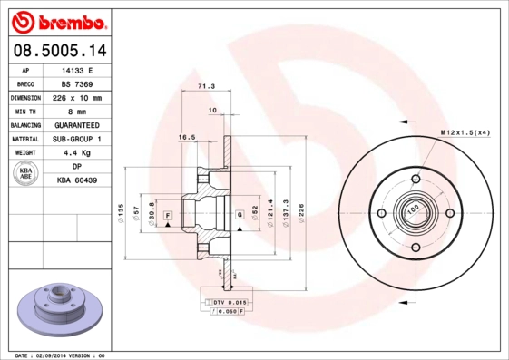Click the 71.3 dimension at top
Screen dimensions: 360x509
pos(206,86)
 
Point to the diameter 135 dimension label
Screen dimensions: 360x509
pos(122,213)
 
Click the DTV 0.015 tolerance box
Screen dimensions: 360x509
pos(229,300)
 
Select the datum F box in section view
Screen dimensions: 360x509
pos(168,214)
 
